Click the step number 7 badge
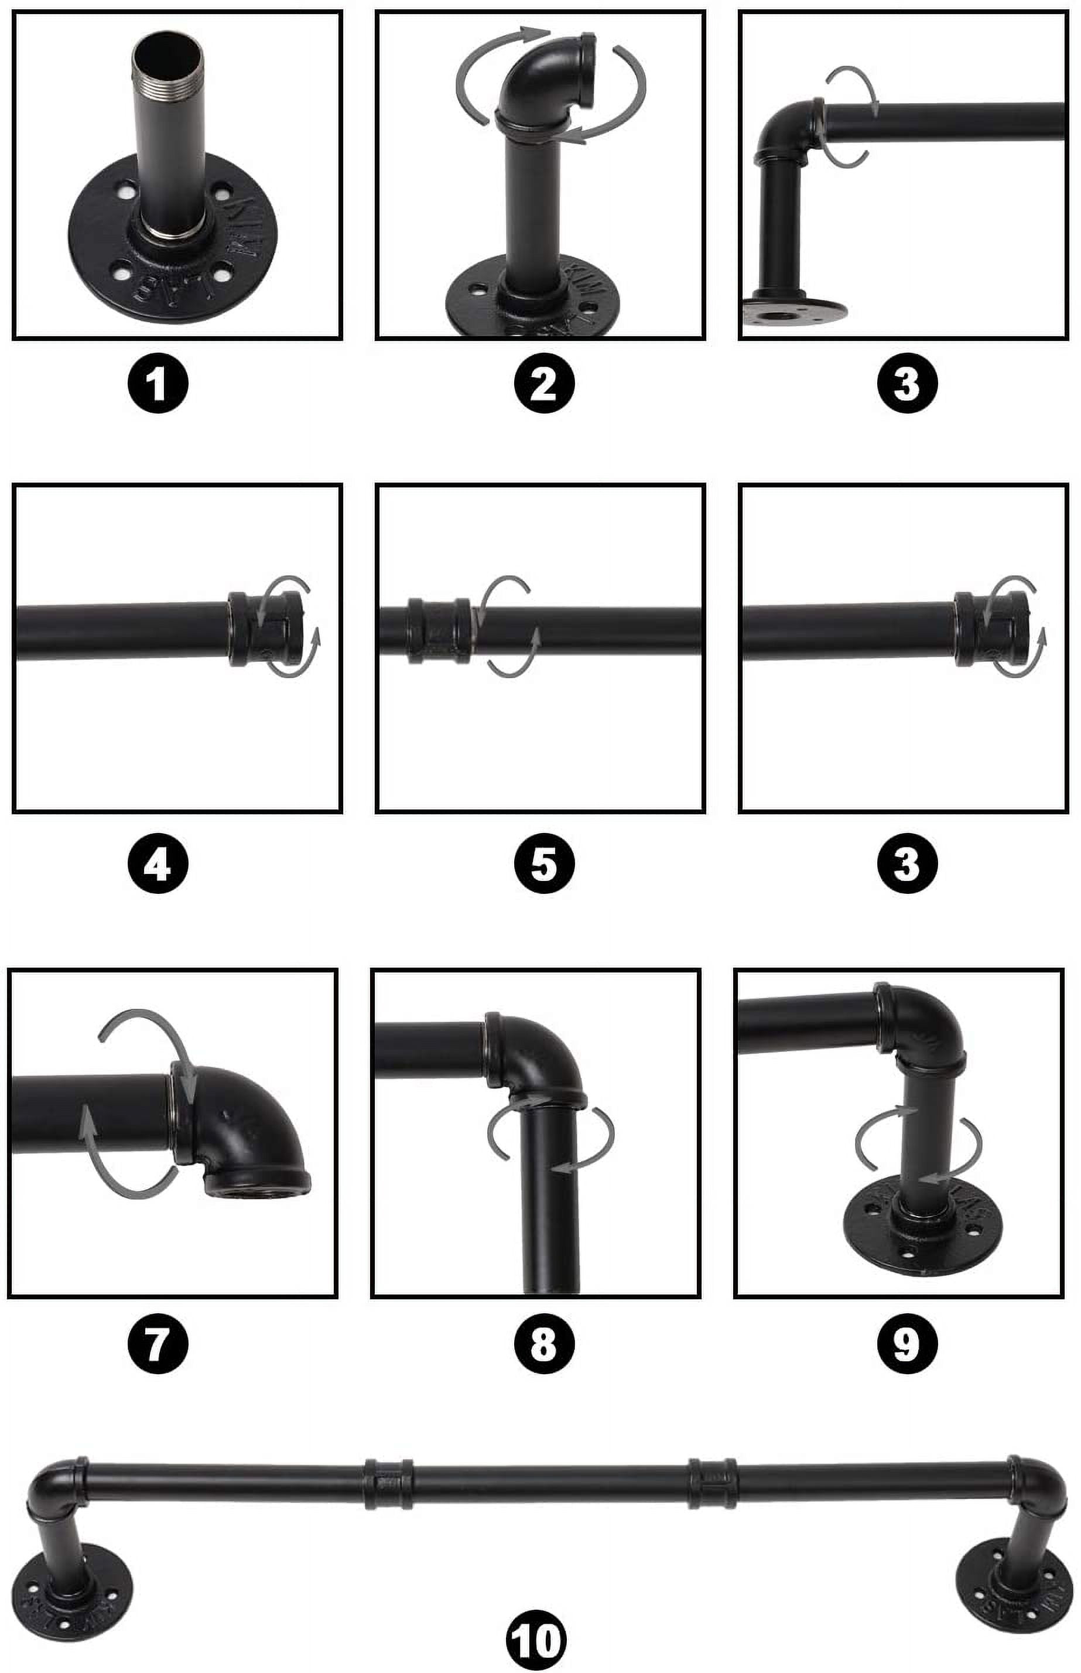click(x=158, y=1344)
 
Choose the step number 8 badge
click(x=544, y=1344)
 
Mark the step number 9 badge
click(x=906, y=1344)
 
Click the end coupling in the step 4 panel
click(x=267, y=629)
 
